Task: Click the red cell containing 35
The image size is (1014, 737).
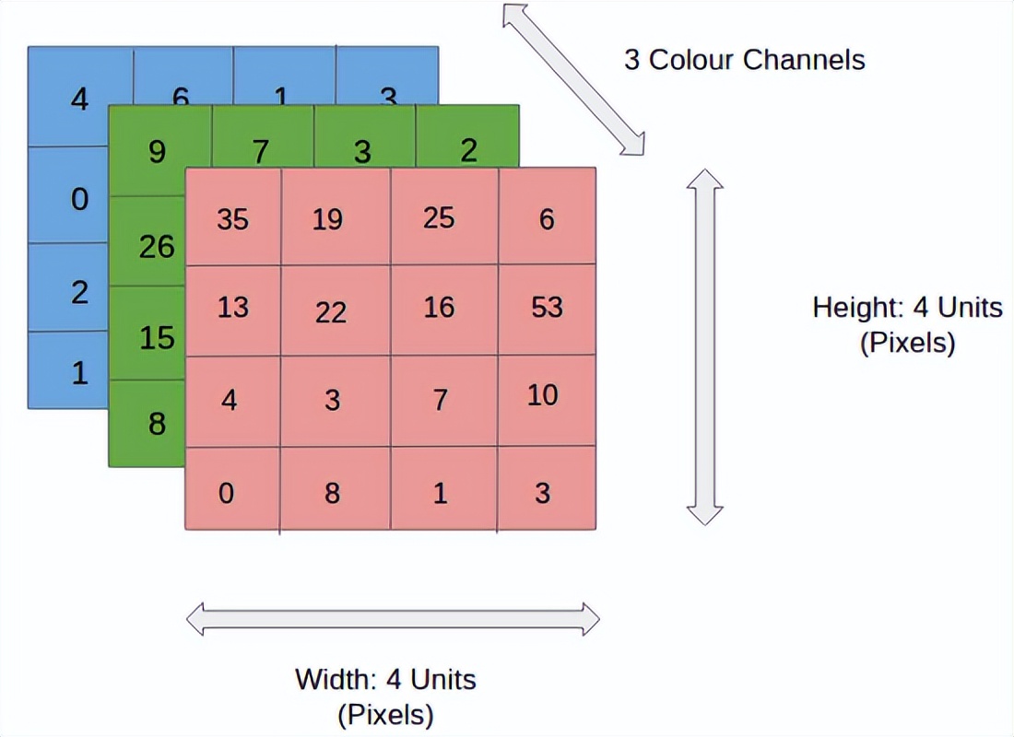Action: (x=232, y=218)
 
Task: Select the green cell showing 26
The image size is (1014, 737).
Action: (x=155, y=245)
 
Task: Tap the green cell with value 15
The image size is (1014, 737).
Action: (x=155, y=336)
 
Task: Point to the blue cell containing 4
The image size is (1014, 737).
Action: (x=78, y=98)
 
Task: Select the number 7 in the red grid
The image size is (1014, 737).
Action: (x=441, y=400)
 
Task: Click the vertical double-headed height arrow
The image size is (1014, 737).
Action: (x=705, y=346)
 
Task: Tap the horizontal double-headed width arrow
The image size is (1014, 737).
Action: (x=393, y=618)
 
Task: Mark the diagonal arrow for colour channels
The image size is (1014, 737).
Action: (x=572, y=79)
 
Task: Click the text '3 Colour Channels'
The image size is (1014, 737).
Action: (x=745, y=61)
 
